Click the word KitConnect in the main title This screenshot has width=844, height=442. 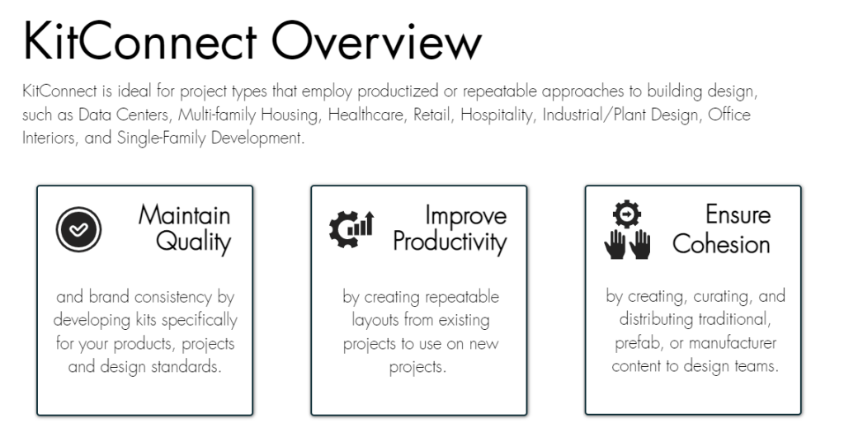point(140,41)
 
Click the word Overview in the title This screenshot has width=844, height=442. point(376,41)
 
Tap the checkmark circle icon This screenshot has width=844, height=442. point(78,229)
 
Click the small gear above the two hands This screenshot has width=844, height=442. point(626,214)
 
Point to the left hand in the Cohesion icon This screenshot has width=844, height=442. point(614,245)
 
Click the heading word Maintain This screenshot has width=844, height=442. point(184,215)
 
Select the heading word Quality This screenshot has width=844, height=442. point(193,242)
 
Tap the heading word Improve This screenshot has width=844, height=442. point(465,216)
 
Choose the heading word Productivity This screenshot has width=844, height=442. point(450,242)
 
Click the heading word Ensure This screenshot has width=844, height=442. point(738,214)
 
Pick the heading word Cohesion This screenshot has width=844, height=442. point(721,244)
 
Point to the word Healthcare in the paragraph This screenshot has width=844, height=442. point(366,115)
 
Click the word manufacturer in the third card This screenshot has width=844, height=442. point(733,343)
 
